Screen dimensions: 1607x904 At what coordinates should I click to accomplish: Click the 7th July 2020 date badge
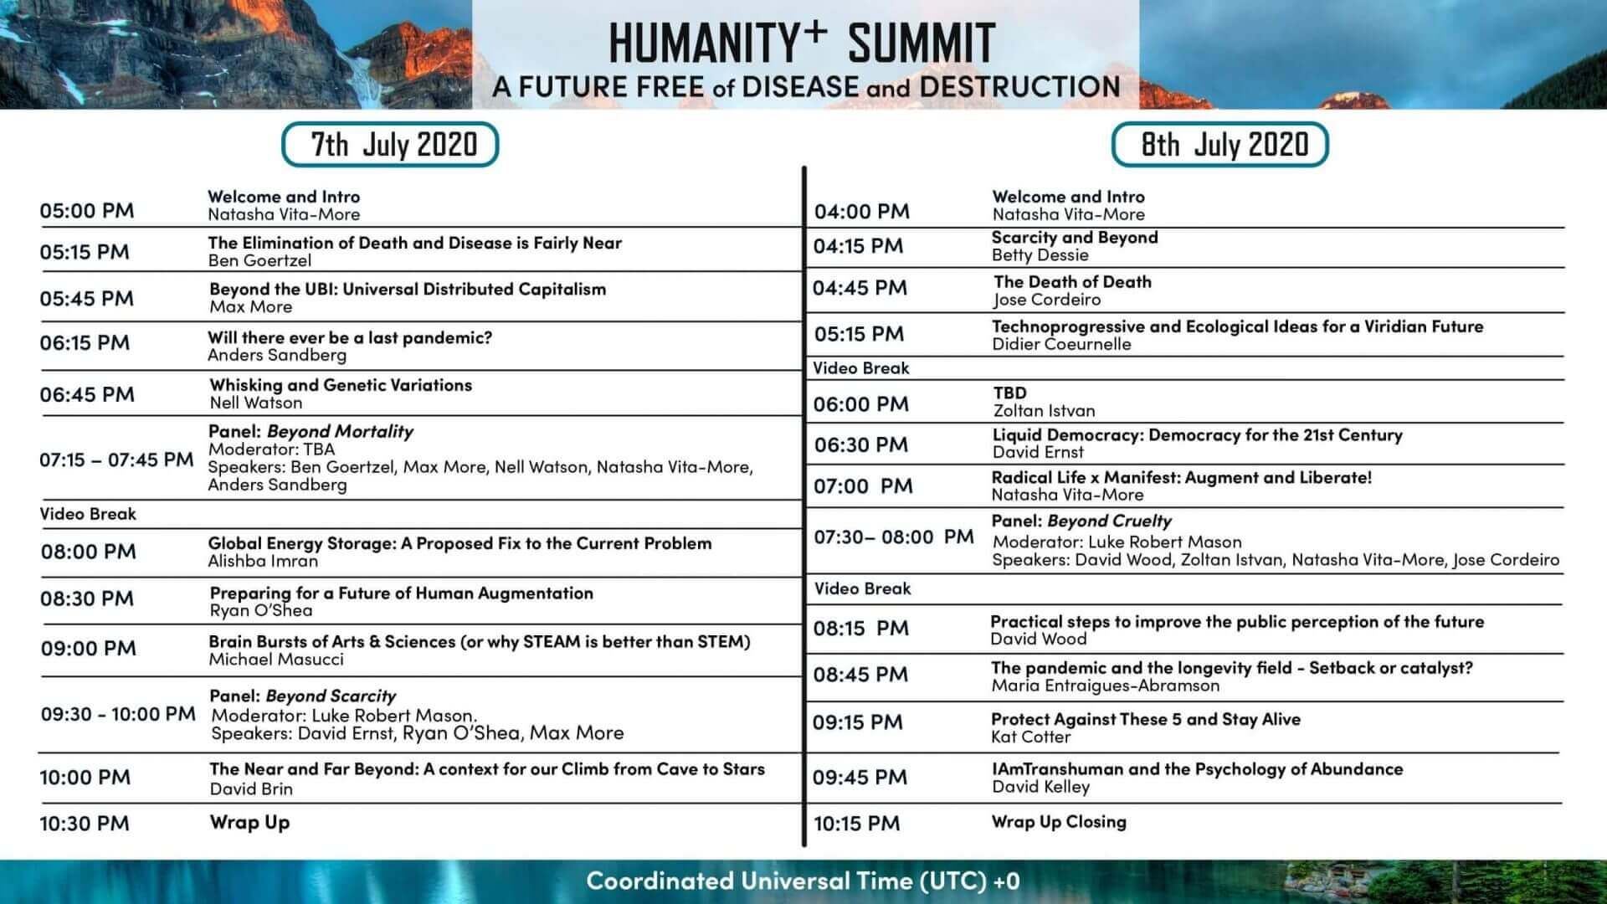390,144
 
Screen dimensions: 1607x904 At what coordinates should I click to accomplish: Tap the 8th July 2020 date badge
1220,144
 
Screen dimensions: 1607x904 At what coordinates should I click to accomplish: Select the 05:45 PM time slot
87,298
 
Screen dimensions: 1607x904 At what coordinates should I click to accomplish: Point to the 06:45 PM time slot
87,394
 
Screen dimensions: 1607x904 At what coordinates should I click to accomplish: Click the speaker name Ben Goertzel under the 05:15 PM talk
259,260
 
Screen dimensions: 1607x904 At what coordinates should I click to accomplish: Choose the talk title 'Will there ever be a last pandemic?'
350,337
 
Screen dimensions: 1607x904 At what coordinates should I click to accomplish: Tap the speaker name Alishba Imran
263,561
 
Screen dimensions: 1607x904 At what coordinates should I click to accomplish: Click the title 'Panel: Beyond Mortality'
311,431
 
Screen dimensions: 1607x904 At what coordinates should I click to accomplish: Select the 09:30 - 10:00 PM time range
118,714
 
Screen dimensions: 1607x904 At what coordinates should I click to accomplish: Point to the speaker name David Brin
251,788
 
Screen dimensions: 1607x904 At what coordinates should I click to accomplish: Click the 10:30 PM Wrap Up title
249,822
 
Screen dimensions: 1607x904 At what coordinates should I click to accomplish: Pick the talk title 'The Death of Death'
1072,281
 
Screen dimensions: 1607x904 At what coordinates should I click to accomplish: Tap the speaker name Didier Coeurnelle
1061,344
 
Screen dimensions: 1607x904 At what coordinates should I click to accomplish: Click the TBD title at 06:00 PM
1010,393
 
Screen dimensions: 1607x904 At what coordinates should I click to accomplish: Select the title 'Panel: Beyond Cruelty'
1081,521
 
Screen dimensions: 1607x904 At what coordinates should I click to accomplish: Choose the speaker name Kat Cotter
1031,737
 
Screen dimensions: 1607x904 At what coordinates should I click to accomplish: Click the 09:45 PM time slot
860,778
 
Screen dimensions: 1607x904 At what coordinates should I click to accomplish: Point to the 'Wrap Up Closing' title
1059,822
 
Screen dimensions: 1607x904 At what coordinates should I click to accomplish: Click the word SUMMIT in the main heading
921,43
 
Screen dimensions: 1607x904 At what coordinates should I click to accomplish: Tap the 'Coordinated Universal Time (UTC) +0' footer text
803,881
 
